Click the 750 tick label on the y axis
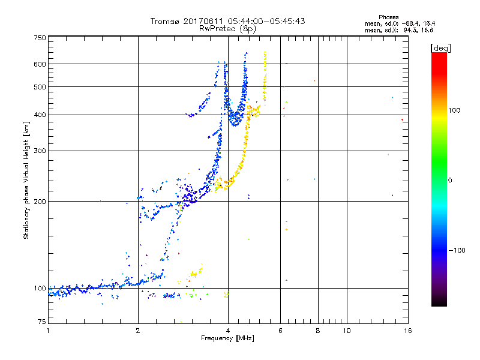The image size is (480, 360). coord(40,38)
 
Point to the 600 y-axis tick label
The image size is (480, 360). coord(40,64)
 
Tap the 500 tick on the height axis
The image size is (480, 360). coord(40,86)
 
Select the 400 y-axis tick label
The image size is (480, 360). coord(40,115)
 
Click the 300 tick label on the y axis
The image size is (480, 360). coord(40,151)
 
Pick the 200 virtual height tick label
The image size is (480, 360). coord(40,201)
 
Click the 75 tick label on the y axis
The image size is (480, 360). coord(41,322)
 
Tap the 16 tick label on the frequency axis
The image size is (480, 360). coord(407,331)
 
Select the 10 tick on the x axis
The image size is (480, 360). coord(346,331)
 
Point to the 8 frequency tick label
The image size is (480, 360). coord(318,331)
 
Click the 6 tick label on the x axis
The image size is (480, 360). coord(281,331)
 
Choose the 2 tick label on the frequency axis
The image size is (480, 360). coord(138,331)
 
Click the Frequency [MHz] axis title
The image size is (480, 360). coord(227,339)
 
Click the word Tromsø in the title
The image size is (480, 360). coord(166,21)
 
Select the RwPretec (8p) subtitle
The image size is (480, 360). coord(227,28)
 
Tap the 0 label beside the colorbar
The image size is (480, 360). coord(450,180)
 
